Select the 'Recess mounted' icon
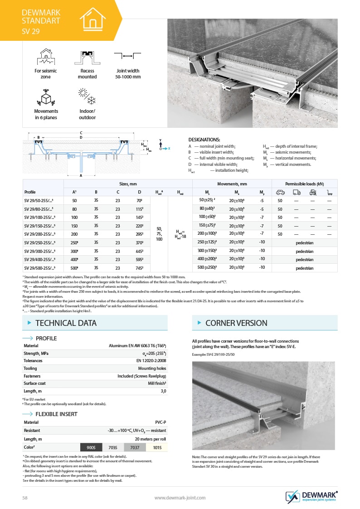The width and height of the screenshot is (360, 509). coord(87,57)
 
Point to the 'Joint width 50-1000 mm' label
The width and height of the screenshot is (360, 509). coord(128,74)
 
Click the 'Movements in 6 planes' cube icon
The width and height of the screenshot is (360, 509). coord(46,97)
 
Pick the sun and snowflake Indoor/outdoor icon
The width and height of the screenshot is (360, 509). coord(87,97)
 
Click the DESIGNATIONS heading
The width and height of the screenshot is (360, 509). coord(204,140)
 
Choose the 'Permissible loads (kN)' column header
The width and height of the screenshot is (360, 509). coord(304,184)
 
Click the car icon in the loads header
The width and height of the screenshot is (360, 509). coord(280,192)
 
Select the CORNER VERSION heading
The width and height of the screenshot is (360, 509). coord(236,323)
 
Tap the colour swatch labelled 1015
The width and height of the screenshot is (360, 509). coord(156,447)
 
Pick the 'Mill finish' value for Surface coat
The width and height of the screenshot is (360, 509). coord(157,383)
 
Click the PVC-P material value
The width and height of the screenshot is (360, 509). coord(161,422)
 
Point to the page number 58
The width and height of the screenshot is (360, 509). coord(25,498)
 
